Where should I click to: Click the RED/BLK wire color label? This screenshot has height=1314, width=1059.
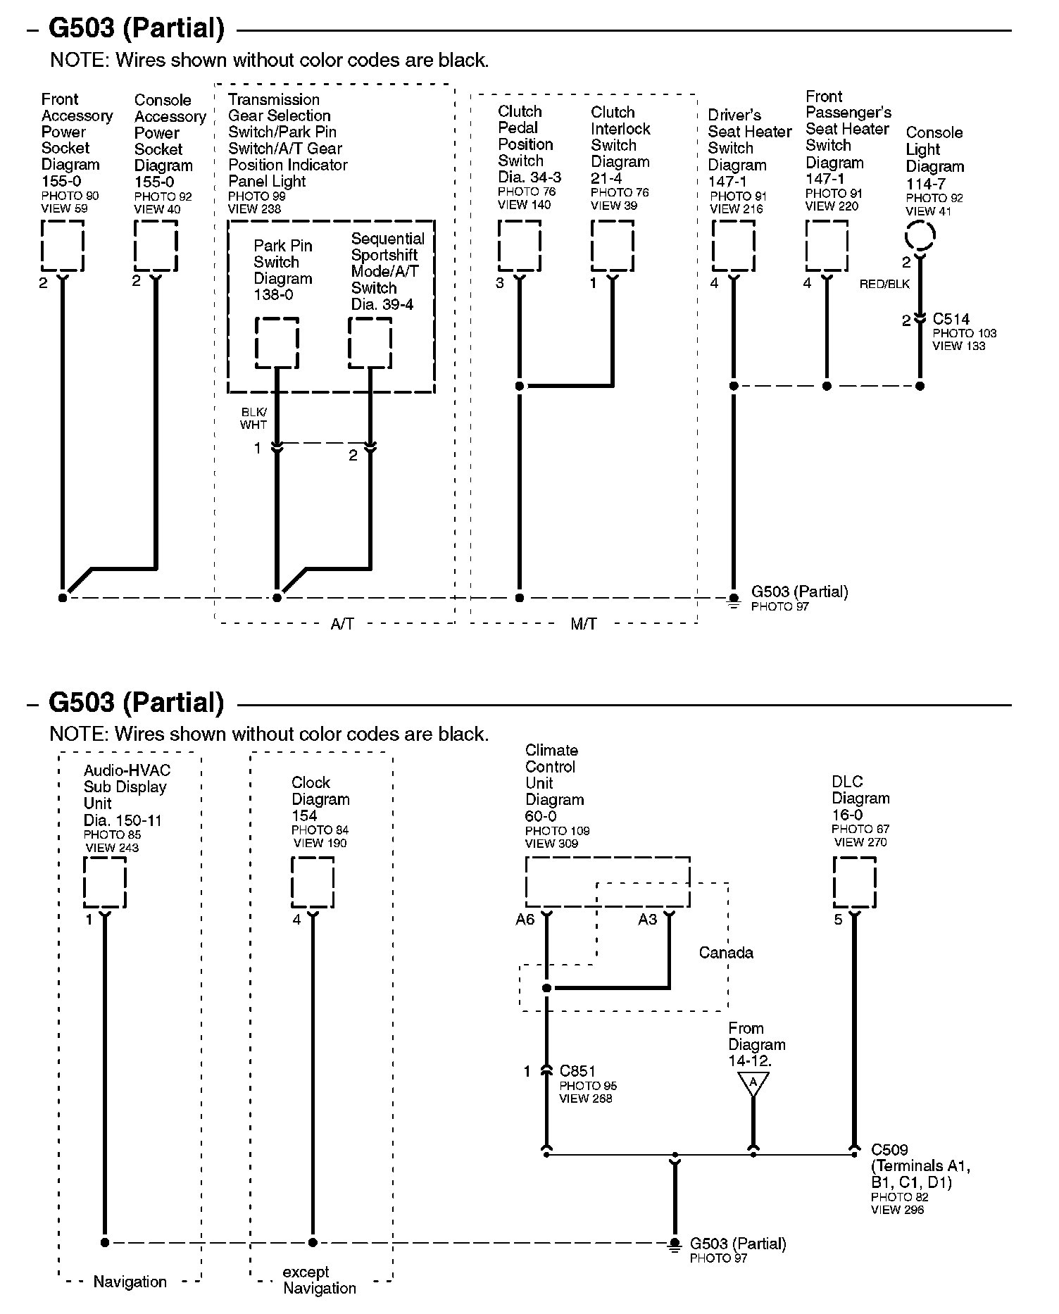(884, 284)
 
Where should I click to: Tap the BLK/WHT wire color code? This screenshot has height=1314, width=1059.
(253, 418)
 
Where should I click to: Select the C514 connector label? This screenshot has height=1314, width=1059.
(951, 319)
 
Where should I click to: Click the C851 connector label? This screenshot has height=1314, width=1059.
(577, 1071)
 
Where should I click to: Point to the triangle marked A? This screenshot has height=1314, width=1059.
(753, 1082)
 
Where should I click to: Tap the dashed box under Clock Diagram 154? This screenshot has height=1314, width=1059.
(313, 882)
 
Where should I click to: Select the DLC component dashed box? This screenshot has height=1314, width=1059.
(854, 882)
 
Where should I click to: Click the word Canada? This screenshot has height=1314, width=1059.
(726, 953)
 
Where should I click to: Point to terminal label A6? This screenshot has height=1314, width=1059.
(525, 920)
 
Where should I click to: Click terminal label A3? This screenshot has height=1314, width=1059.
(647, 920)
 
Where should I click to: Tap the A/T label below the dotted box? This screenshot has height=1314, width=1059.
(342, 624)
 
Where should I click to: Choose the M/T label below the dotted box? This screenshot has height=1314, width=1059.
(584, 624)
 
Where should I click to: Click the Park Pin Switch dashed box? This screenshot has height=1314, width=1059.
(277, 342)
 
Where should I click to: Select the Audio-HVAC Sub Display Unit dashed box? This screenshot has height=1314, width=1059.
(105, 882)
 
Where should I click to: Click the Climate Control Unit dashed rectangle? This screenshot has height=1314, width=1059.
(607, 882)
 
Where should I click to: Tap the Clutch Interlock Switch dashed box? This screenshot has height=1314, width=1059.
(612, 246)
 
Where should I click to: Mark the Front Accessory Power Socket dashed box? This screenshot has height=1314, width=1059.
(63, 246)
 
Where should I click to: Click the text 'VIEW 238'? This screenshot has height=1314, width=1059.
(254, 208)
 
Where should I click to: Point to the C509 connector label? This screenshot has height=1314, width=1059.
(889, 1150)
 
